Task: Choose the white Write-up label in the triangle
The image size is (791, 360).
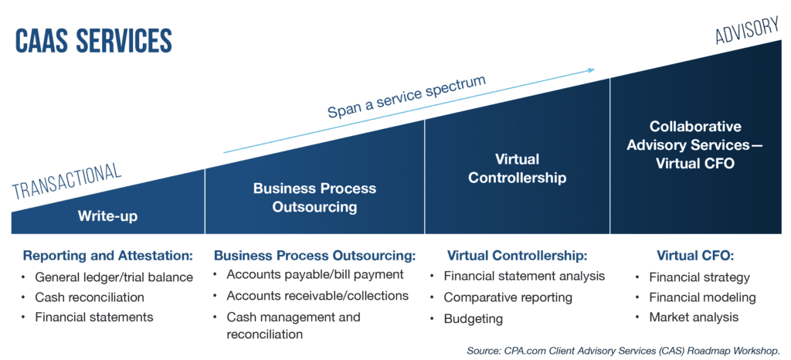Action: point(107,216)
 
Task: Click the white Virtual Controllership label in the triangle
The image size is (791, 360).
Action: point(518,168)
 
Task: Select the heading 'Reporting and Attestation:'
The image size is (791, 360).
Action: point(107,256)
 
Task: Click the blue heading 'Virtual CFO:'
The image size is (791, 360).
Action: point(694,256)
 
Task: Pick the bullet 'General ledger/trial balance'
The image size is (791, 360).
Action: point(114,277)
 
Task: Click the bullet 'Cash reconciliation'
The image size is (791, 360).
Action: point(90,297)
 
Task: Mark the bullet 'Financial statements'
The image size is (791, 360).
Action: point(94,317)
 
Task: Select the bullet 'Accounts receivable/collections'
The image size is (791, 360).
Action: point(317,296)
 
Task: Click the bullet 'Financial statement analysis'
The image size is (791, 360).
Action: point(524,276)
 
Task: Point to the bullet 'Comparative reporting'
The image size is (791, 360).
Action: point(508,297)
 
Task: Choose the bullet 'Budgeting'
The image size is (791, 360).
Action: point(473,318)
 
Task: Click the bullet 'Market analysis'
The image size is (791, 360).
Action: point(694,317)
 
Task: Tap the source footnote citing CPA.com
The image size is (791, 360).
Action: point(623,351)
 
